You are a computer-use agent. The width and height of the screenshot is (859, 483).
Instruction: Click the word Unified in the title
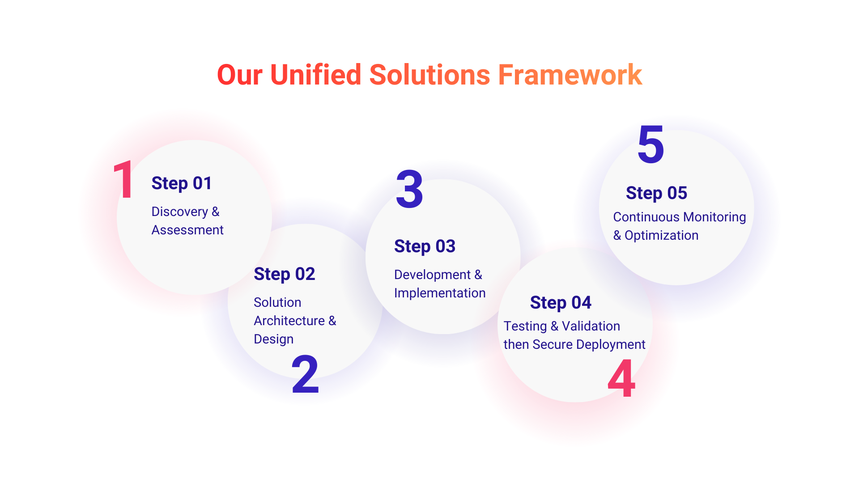coord(315,75)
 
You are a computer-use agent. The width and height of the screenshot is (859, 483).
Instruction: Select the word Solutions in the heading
coord(429,75)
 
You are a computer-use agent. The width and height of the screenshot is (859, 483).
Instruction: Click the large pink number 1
coord(123,180)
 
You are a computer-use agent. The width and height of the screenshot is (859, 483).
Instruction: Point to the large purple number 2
coord(305,374)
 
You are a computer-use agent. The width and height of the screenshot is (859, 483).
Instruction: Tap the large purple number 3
coord(409,189)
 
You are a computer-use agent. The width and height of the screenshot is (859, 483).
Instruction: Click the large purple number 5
coord(651,144)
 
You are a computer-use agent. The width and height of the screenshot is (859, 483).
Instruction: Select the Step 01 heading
coord(181,183)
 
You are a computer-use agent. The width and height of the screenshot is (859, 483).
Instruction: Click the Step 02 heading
coord(284,274)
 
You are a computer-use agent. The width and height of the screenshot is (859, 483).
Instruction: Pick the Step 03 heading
coord(425,246)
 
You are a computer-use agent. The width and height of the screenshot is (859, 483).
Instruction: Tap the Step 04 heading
coord(561,303)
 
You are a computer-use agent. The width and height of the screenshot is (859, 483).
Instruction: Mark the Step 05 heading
coord(656,193)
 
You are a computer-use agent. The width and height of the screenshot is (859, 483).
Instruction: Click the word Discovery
coord(179,212)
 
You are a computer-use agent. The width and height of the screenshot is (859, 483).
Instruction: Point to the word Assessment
coord(187,230)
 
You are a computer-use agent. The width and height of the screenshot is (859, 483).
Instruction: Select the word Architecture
coord(289,321)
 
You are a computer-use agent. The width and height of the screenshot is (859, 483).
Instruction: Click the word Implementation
coord(440,293)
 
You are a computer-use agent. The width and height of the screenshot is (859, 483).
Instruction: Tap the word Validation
coord(591,326)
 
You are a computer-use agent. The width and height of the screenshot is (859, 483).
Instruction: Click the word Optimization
coord(661,235)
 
